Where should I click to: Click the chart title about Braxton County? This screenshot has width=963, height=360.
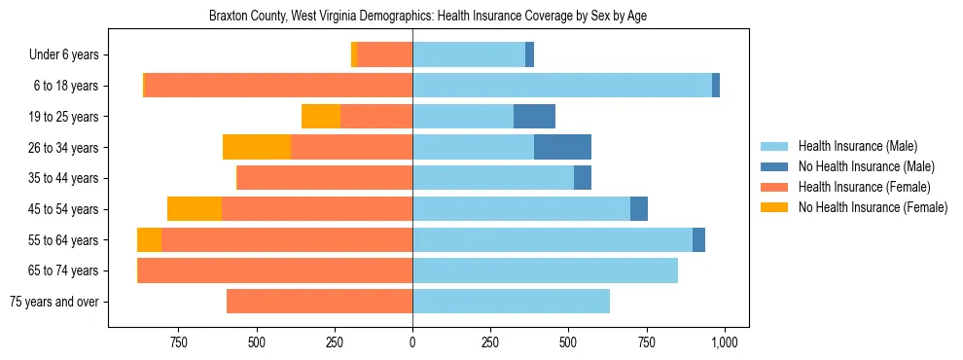tap(428, 17)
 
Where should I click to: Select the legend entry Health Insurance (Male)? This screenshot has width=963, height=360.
tap(857, 146)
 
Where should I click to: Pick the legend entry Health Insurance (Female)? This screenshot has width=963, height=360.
tap(864, 187)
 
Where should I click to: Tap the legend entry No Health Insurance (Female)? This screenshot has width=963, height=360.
tap(873, 207)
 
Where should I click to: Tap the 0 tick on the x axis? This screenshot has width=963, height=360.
tap(412, 342)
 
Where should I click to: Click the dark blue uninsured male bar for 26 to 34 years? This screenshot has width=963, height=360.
tap(562, 147)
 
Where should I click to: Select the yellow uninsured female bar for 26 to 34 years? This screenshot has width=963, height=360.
tap(257, 147)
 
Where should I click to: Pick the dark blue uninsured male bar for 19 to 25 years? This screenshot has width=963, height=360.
tap(534, 117)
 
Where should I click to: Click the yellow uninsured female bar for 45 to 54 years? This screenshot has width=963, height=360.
tap(195, 209)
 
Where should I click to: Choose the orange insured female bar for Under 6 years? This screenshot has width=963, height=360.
tap(385, 55)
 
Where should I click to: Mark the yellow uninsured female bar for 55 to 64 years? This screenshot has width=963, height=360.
tap(149, 240)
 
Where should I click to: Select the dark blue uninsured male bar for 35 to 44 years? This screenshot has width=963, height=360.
tap(582, 178)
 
